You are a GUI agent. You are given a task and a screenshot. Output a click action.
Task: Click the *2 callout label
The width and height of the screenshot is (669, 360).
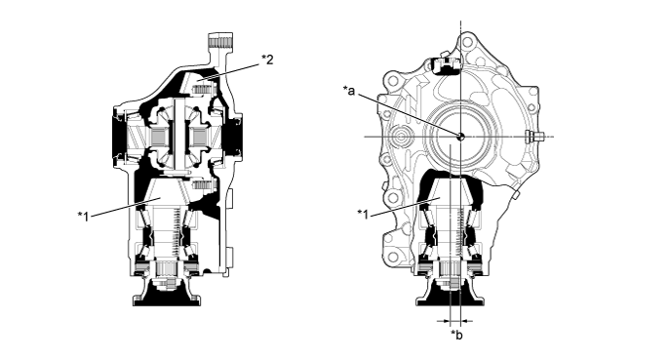[x=267, y=60]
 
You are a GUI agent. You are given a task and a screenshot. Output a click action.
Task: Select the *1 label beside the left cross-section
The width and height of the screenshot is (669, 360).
[x=84, y=217]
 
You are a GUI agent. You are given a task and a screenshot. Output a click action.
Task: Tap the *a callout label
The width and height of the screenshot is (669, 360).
[x=349, y=91]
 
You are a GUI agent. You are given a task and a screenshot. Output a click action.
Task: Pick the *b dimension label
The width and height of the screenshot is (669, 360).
[x=456, y=336]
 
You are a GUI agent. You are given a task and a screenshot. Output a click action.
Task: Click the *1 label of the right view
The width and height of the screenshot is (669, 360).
[x=363, y=214]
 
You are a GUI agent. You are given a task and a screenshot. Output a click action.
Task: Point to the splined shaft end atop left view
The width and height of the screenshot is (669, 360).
[x=220, y=42]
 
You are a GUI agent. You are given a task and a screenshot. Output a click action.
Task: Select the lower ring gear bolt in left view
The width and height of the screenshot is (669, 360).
[x=203, y=185]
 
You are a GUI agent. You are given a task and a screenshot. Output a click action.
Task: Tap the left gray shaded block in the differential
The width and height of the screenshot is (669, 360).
[x=160, y=138]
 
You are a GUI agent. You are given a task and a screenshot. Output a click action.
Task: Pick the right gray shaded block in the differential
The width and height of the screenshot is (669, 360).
[x=199, y=138]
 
